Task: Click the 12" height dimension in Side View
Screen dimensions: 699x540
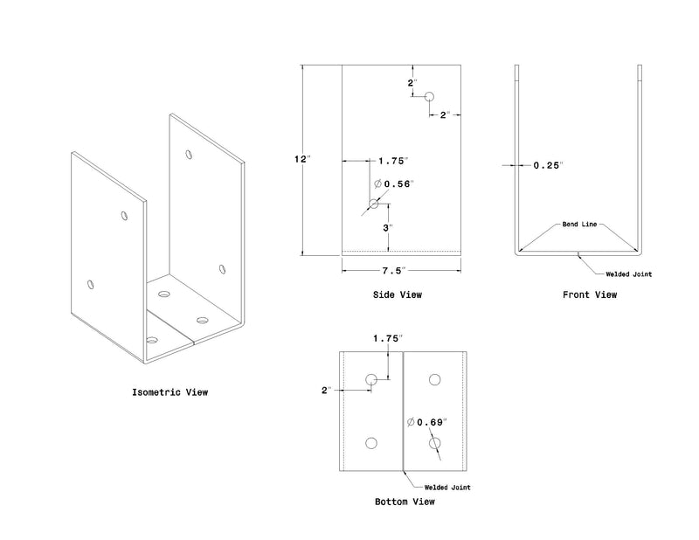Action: coord(301,159)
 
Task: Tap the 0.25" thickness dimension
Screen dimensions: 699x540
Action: coord(549,165)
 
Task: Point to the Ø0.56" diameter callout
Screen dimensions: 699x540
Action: coord(394,183)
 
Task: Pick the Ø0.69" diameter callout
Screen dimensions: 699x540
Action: coord(427,422)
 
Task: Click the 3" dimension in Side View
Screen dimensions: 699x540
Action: coord(388,228)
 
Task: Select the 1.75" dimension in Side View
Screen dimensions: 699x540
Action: coord(393,161)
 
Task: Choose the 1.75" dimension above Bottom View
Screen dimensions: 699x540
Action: coord(388,338)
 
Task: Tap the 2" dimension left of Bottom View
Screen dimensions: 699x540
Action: coord(327,391)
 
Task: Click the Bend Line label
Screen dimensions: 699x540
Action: coord(579,225)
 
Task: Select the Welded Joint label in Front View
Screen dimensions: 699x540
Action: coord(628,274)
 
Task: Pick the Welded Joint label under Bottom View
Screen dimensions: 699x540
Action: coord(447,488)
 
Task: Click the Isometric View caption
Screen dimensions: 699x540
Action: coord(170,392)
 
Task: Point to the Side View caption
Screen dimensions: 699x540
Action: coord(398,294)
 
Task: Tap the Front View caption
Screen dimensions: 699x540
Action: coord(590,294)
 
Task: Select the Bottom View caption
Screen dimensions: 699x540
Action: coord(405,502)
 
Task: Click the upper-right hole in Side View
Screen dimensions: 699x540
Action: coord(429,96)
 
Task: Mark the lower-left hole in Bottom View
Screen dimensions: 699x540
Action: coord(371,443)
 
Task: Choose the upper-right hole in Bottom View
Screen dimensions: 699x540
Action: coord(434,380)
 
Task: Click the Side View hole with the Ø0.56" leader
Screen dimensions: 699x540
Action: coord(374,204)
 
